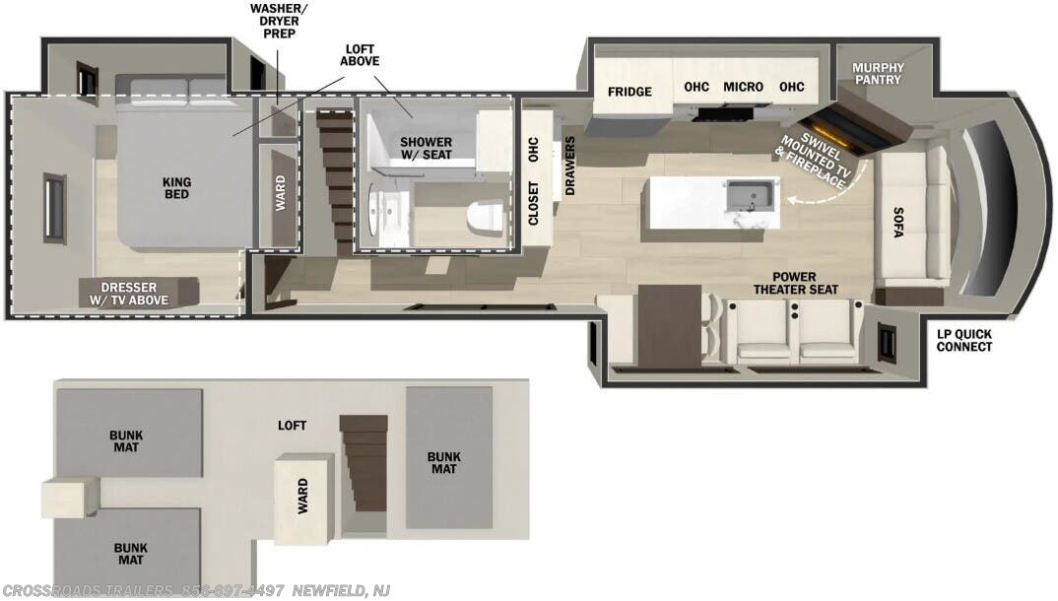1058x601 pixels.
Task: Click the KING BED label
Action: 177,187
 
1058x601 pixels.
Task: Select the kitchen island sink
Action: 752,197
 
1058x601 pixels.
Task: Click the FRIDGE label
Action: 628,92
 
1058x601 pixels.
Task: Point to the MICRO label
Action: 743,87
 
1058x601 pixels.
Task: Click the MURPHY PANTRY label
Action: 877,73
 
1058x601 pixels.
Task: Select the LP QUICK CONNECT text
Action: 963,340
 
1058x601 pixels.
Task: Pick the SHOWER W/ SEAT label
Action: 426,149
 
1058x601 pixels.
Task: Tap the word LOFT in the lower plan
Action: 292,426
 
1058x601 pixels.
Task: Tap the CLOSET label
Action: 534,204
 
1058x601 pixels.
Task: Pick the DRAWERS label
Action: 569,166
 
